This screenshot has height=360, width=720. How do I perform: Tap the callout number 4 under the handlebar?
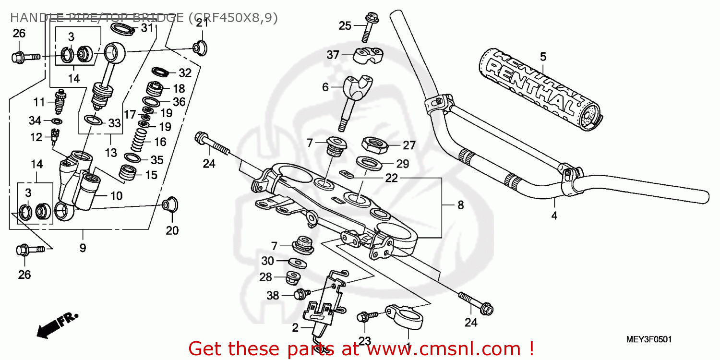coord(554,216)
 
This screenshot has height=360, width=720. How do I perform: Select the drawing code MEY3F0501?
coord(648,339)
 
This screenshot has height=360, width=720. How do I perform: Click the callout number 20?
coord(172,231)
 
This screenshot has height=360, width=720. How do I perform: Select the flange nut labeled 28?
coord(293,277)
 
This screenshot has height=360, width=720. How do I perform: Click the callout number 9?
coord(83,248)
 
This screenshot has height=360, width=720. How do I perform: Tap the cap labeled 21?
coord(200,47)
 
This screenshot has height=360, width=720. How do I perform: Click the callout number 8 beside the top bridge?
coord(460,205)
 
